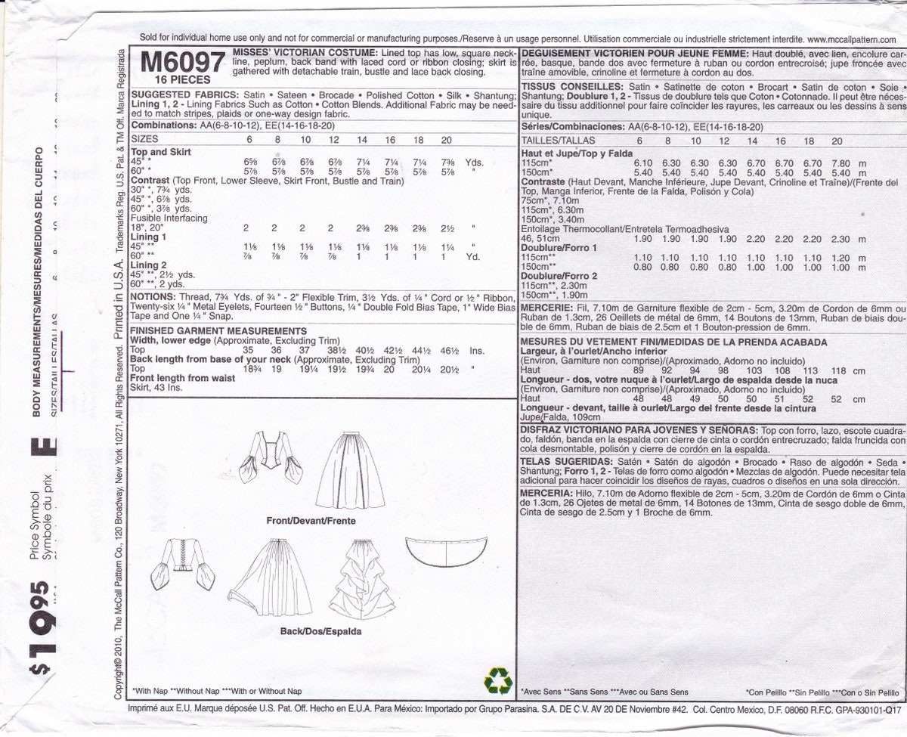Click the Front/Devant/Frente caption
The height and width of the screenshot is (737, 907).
(x=311, y=521)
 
